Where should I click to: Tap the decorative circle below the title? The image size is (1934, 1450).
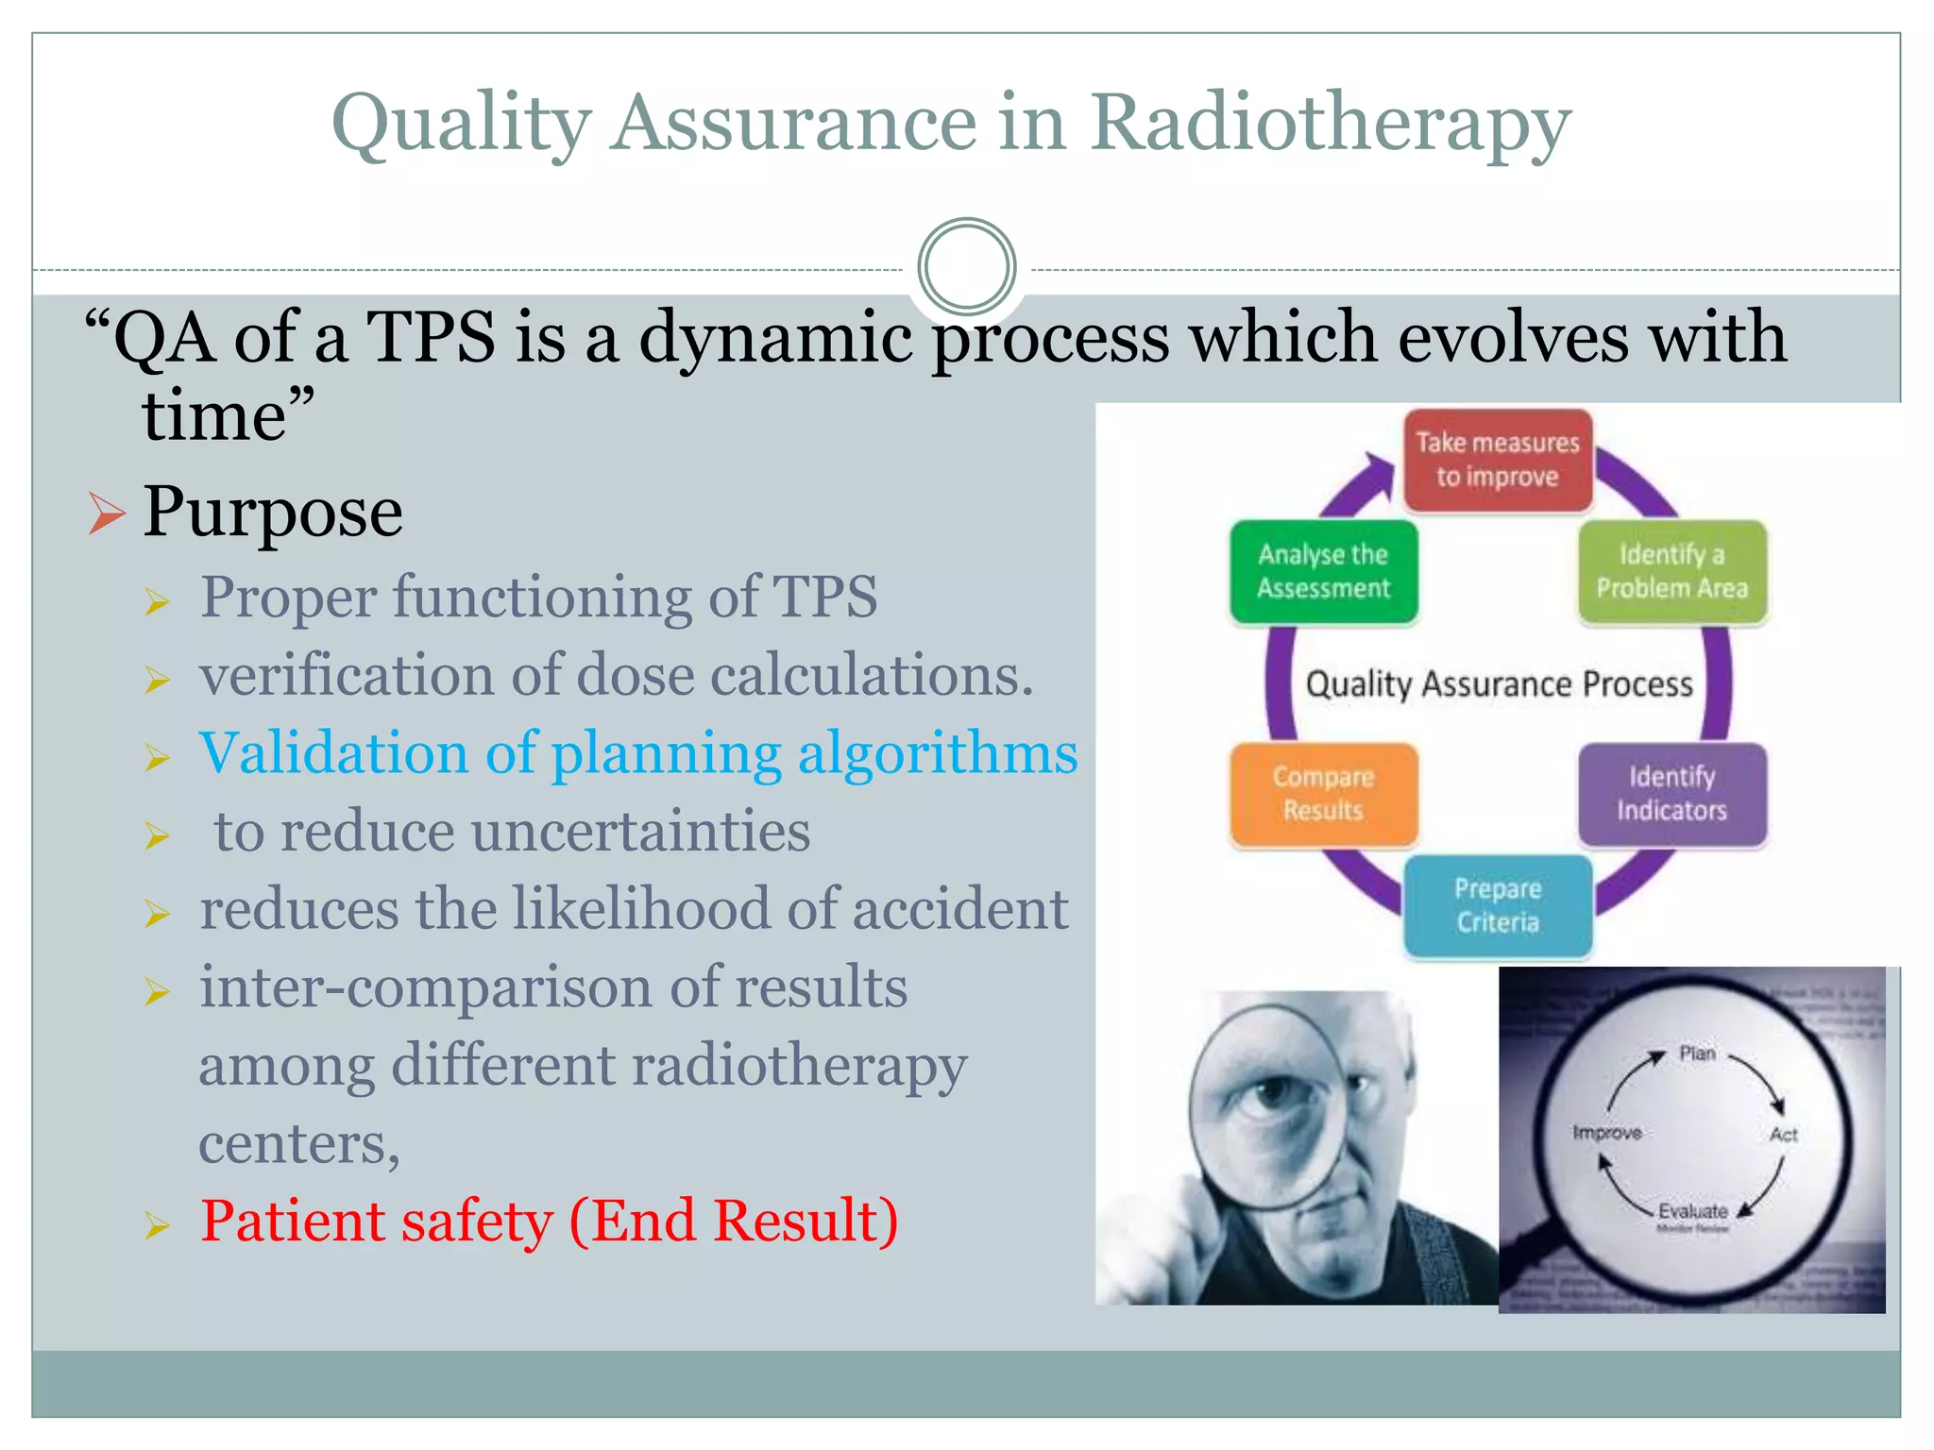966,266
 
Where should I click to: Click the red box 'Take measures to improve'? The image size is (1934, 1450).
1497,460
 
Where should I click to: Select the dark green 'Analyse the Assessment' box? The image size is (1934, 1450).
1323,571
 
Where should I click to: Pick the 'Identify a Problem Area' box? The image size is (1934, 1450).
1671,571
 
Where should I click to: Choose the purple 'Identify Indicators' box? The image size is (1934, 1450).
1671,793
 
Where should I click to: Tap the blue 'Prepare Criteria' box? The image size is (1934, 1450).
1497,905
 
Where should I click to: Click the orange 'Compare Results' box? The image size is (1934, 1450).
1323,793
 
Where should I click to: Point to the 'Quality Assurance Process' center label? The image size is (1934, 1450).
1499,683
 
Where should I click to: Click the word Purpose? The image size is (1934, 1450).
272,513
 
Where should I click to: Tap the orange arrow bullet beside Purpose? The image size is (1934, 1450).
106,514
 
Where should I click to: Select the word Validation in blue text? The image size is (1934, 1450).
332,753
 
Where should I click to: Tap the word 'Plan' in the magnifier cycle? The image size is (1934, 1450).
1697,1054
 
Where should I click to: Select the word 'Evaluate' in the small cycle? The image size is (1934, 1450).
1692,1211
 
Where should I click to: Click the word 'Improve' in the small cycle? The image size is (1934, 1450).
1606,1132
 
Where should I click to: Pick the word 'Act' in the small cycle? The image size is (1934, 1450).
1783,1135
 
